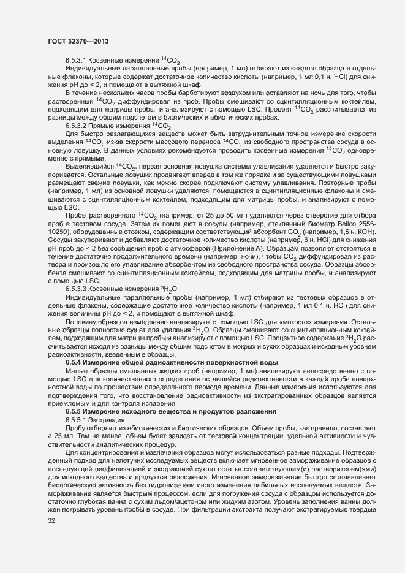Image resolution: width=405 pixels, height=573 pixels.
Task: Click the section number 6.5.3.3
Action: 77,287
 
